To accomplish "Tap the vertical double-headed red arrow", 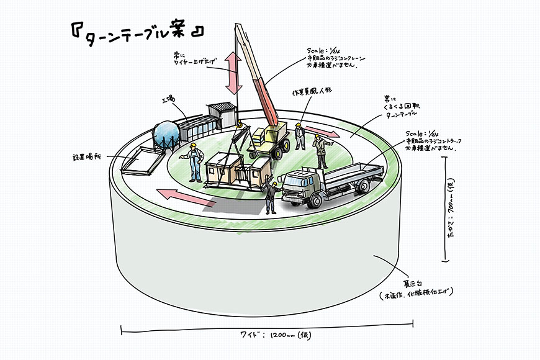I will point(233,73).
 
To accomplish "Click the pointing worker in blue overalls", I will point(195,163).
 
